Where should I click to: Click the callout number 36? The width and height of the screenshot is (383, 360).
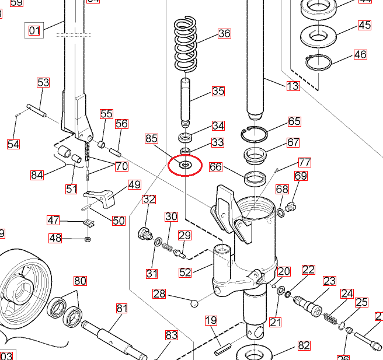[x=224, y=33]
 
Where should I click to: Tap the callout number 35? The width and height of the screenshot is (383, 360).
[x=218, y=91]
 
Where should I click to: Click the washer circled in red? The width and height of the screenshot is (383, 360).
[x=184, y=166]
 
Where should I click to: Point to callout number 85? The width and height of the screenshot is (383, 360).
[x=151, y=138]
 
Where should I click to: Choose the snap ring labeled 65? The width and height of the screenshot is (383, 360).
[x=255, y=134]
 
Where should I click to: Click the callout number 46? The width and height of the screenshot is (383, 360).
[x=360, y=55]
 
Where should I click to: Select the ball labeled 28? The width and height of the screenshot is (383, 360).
[x=194, y=302]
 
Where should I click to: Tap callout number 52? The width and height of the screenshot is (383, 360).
[x=185, y=272]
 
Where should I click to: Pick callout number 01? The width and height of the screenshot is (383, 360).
[x=34, y=30]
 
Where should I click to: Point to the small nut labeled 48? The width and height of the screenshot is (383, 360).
[x=88, y=239]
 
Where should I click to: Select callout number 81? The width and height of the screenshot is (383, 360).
[x=121, y=308]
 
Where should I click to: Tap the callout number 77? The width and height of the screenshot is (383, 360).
[x=304, y=162]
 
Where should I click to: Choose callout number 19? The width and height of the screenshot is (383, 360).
[x=211, y=320]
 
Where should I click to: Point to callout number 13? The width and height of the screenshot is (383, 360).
[x=293, y=86]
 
